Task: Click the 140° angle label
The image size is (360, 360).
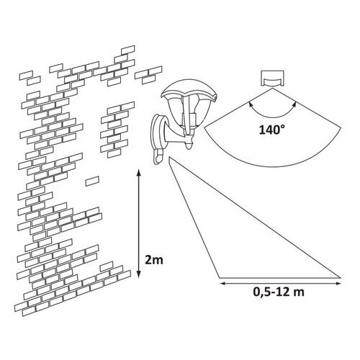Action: (272, 130)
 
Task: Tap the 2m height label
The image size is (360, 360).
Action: (154, 260)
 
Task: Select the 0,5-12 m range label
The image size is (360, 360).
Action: (279, 292)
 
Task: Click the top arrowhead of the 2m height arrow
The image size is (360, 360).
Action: (138, 171)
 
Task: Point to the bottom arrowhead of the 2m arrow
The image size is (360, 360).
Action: (138, 276)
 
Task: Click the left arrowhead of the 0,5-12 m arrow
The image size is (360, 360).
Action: (222, 284)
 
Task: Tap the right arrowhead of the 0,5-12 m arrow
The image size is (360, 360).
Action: (338, 284)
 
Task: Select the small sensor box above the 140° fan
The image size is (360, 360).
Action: (273, 78)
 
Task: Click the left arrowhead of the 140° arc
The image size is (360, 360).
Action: (251, 104)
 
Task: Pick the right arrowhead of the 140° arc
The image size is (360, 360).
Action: (295, 104)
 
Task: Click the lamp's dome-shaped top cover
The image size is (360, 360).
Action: (189, 91)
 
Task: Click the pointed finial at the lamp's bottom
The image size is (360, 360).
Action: (190, 145)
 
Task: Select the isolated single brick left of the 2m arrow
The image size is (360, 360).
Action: (92, 181)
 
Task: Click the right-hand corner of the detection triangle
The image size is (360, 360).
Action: (341, 278)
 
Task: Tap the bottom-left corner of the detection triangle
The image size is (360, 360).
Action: (219, 278)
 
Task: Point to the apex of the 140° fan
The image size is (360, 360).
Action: (273, 89)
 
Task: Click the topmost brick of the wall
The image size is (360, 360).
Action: (128, 50)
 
